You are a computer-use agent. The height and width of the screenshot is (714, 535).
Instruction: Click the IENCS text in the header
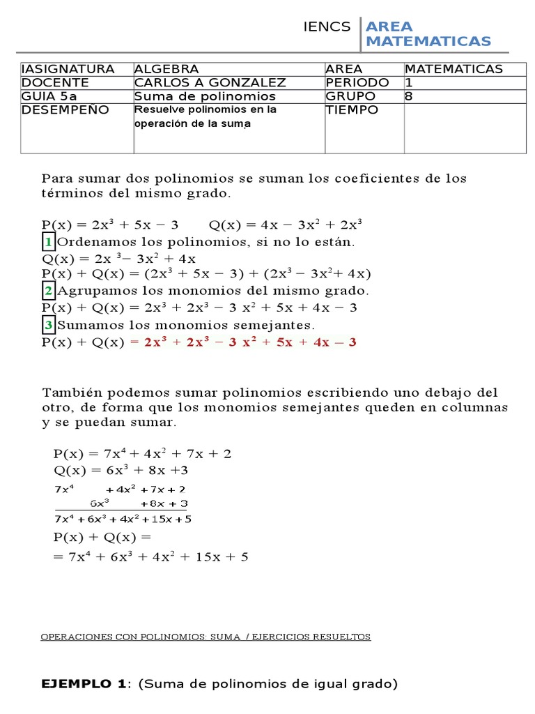327,27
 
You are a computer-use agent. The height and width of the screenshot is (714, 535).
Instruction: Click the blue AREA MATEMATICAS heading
428,34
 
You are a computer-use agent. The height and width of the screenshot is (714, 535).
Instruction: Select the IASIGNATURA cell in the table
68,69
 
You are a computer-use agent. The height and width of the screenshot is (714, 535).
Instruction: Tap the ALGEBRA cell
166,69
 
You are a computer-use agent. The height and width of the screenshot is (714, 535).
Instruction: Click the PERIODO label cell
357,82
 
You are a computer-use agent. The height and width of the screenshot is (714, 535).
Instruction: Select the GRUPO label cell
350,96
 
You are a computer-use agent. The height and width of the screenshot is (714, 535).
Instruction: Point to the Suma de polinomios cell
205,96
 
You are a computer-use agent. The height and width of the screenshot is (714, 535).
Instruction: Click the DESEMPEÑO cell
65,110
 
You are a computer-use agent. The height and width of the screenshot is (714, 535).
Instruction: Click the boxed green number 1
47,243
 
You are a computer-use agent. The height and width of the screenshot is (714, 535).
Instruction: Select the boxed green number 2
47,291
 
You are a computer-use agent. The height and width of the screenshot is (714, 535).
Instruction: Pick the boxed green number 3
47,325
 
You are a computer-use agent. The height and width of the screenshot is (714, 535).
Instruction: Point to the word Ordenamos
91,243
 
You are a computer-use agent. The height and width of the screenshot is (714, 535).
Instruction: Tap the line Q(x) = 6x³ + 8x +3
121,470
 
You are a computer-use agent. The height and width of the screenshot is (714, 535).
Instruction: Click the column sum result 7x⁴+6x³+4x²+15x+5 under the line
123,519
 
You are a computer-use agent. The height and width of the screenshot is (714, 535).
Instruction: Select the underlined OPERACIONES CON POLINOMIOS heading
206,637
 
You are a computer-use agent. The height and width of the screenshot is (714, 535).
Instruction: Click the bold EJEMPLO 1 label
87,683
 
